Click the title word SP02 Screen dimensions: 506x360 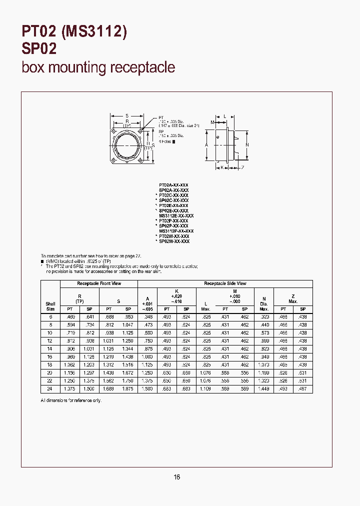pyautogui.click(x=39, y=48)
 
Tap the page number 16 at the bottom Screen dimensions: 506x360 pyautogui.click(x=176, y=477)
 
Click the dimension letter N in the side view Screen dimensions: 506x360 pyautogui.click(x=246, y=144)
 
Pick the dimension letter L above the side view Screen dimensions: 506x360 pyautogui.click(x=225, y=116)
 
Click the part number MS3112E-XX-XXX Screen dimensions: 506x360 pyautogui.click(x=176, y=215)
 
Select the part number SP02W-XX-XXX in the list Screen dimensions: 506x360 pyautogui.click(x=174, y=241)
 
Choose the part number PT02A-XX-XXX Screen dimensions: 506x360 pyautogui.click(x=173, y=185)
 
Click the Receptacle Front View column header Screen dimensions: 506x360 pyautogui.click(x=99, y=283)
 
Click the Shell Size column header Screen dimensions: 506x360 pyautogui.click(x=50, y=306)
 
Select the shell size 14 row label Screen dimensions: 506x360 pyautogui.click(x=50, y=348)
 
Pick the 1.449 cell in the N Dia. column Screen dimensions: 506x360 pyautogui.click(x=264, y=388)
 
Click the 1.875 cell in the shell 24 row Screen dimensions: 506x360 pyautogui.click(x=127, y=388)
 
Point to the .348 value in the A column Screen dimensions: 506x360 pyautogui.click(x=147, y=316)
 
